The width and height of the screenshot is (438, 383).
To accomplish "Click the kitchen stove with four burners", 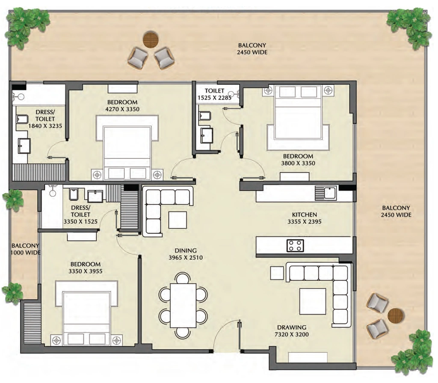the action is (295, 245).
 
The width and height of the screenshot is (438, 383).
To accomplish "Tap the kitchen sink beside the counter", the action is (326, 193).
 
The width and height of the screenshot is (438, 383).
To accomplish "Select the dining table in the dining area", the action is (183, 305).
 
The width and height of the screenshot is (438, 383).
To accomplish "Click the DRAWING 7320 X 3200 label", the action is (292, 331).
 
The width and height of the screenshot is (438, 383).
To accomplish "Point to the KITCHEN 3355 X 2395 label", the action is (305, 218).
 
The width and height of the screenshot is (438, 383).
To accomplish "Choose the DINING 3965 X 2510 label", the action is (186, 254).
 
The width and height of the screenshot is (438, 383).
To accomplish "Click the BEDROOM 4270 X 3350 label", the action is (122, 106).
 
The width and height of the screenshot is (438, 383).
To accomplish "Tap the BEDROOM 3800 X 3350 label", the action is (298, 160).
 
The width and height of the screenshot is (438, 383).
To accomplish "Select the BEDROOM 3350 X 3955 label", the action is (86, 267).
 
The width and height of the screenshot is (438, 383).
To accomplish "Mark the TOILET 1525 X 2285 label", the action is (215, 94).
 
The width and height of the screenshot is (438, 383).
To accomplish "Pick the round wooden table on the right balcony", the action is (397, 316).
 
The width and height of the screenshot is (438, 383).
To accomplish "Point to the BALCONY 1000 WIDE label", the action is (25, 249).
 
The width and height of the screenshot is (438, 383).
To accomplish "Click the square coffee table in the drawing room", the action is (313, 302).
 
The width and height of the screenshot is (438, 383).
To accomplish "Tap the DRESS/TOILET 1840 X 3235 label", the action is (45, 119).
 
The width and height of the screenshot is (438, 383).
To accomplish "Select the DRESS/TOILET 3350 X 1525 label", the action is (80, 215).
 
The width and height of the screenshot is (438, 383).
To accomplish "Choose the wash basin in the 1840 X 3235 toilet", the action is (24, 145).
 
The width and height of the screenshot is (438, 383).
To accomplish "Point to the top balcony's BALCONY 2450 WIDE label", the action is (252, 49).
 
